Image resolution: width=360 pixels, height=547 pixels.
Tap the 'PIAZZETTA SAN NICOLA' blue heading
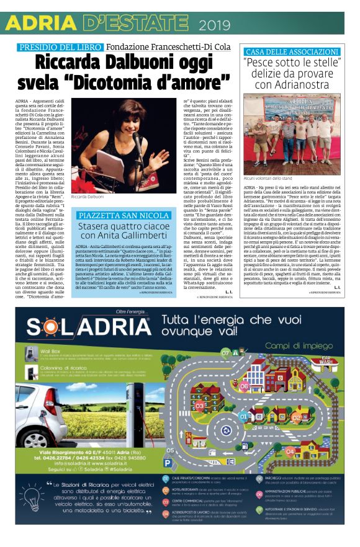tap(122, 215)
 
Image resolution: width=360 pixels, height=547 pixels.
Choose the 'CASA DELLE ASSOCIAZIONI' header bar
tap(293, 51)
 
